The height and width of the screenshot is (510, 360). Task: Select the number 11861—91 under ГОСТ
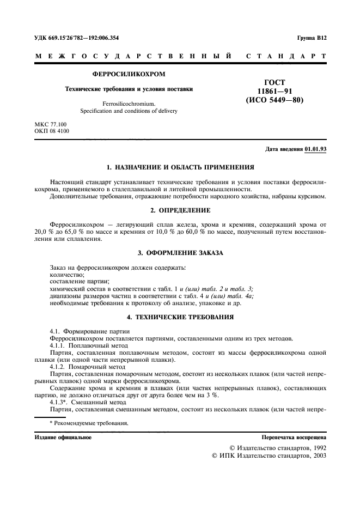[x=266, y=91]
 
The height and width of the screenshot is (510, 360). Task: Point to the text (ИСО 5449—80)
[x=266, y=100]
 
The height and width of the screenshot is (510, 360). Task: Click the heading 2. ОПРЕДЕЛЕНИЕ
[x=180, y=210]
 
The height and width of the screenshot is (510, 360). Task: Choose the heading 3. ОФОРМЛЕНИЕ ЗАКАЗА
[x=180, y=253]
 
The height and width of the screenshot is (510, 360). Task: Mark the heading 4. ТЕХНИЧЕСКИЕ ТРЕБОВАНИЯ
[x=180, y=317]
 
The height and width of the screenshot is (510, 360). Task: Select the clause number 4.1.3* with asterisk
[x=60, y=403]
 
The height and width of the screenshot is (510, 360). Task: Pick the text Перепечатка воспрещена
[x=294, y=438]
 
